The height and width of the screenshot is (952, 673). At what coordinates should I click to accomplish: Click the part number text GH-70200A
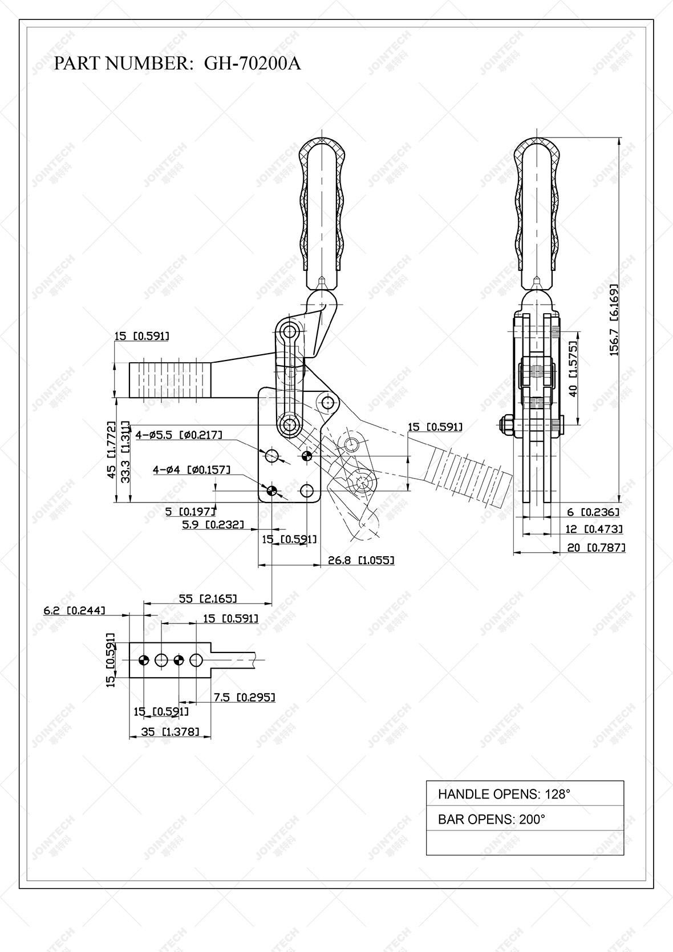(252, 63)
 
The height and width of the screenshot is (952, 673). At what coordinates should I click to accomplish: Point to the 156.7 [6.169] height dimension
(614, 319)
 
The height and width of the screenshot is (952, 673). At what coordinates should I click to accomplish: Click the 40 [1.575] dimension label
(573, 368)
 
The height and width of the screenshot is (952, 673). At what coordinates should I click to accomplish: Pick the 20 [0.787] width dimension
(596, 548)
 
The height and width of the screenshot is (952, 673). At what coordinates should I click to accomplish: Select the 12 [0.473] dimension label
(594, 529)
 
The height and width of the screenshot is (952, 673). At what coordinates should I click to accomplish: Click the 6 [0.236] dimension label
(593, 513)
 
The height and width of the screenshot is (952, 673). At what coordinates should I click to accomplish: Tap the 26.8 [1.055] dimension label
(360, 560)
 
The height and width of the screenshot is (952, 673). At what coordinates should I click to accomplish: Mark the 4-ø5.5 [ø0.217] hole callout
(179, 435)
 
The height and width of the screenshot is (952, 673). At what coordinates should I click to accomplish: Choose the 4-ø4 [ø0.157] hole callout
(192, 470)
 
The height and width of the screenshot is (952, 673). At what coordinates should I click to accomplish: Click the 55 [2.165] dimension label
(208, 598)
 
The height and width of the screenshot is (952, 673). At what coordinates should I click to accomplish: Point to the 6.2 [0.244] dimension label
(74, 610)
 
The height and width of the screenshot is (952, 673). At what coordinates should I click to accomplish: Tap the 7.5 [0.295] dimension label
(244, 697)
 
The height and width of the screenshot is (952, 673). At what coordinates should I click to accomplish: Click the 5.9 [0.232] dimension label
(213, 525)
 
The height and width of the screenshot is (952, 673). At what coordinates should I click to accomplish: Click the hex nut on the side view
(506, 425)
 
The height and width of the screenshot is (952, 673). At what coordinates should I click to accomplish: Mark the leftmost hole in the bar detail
(143, 660)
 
